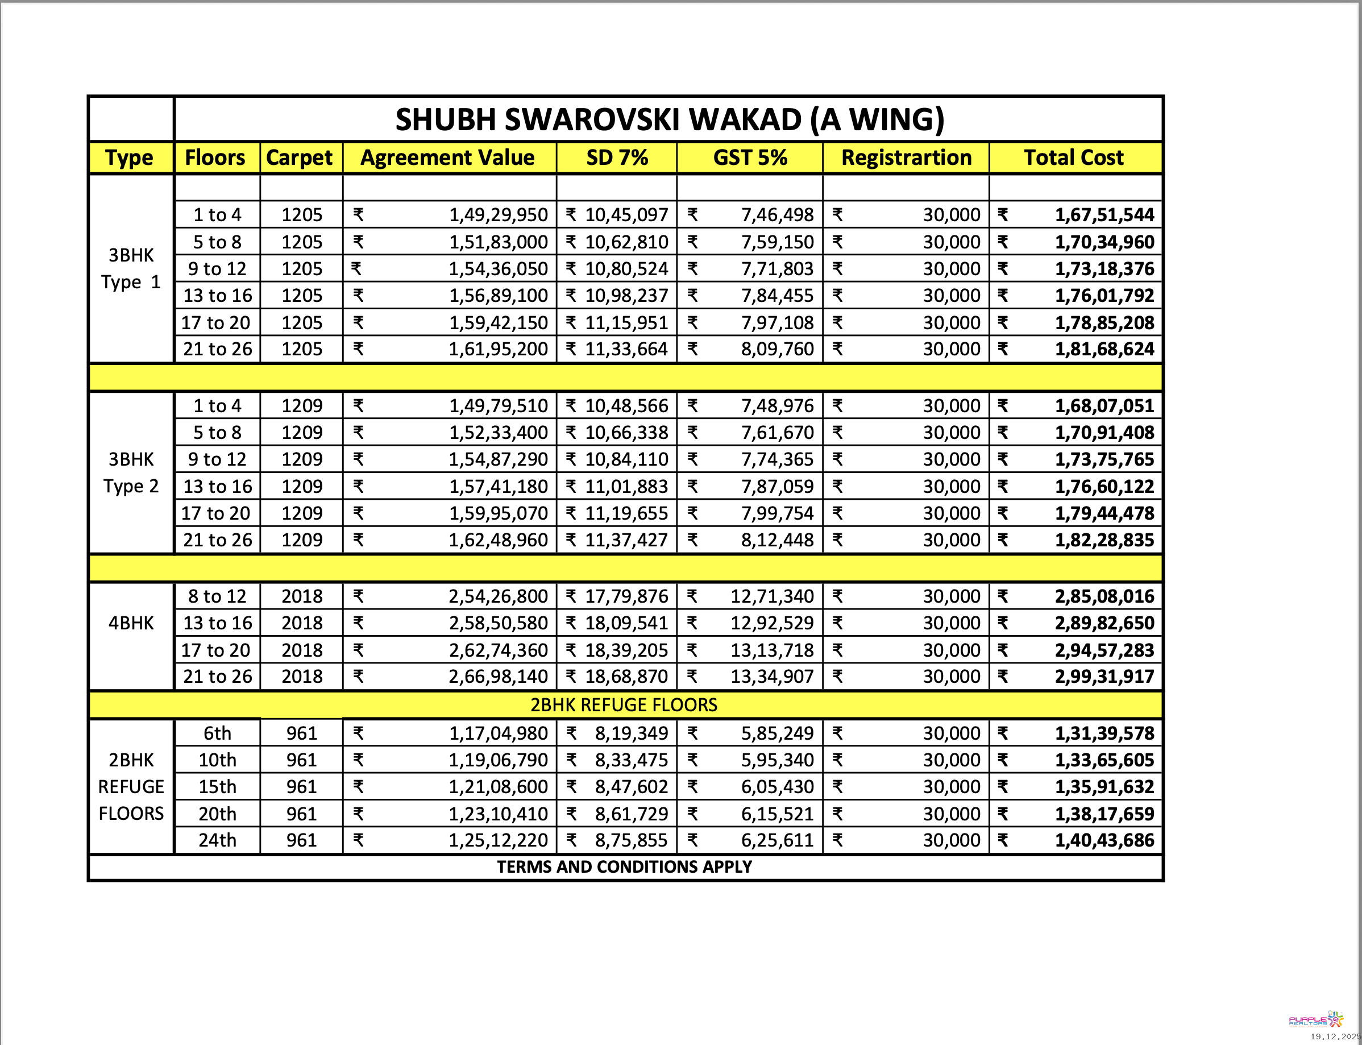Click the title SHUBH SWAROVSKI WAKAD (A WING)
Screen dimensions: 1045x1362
tap(669, 119)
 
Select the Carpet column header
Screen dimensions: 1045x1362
tap(299, 158)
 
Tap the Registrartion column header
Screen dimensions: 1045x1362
tap(906, 158)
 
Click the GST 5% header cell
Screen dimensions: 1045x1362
tap(750, 158)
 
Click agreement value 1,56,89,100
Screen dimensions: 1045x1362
tap(498, 296)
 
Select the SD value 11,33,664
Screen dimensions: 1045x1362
tap(626, 350)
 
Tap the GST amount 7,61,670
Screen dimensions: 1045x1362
tap(776, 433)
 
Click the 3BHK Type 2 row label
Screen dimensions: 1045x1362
tap(131, 472)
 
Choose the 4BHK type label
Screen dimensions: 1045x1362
tap(131, 623)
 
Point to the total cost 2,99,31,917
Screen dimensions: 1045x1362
tap(1104, 677)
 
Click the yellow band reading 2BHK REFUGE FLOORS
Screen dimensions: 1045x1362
tap(624, 706)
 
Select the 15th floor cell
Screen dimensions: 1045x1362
tap(217, 787)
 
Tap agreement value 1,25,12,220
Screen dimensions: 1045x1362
tap(498, 841)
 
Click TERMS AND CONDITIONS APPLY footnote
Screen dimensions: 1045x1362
tap(624, 867)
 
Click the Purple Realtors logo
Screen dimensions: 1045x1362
tap(1316, 1019)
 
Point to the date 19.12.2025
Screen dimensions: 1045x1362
tap(1335, 1036)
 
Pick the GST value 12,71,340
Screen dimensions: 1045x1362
tap(772, 596)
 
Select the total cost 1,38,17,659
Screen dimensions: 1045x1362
tap(1104, 814)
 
